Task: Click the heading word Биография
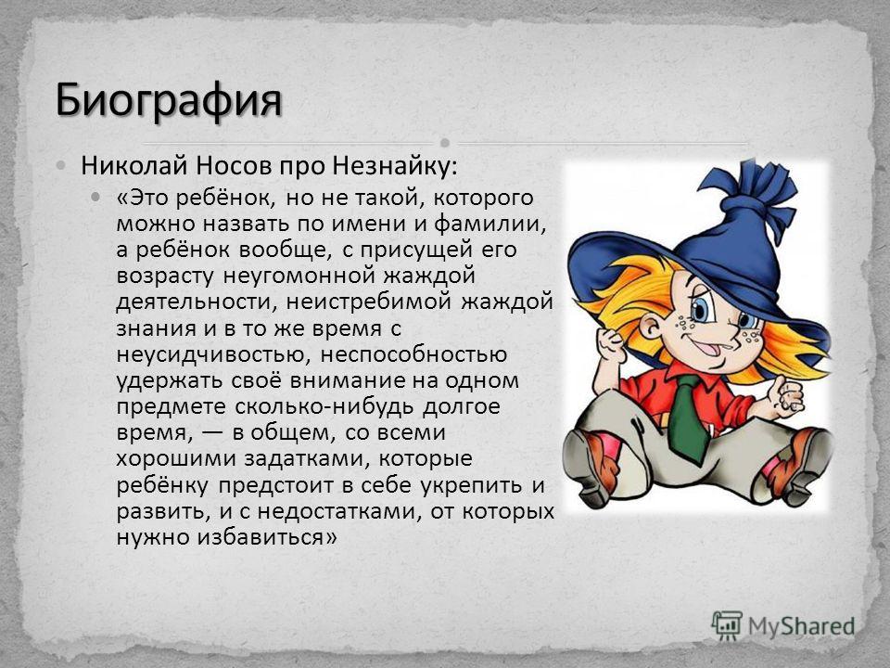[169, 100]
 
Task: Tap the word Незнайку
[394, 166]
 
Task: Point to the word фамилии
[489, 225]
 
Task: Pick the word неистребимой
[369, 301]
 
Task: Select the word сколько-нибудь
[324, 406]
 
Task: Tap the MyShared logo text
[801, 626]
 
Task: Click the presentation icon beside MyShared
[727, 625]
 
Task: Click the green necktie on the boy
[688, 411]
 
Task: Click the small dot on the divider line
[445, 142]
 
